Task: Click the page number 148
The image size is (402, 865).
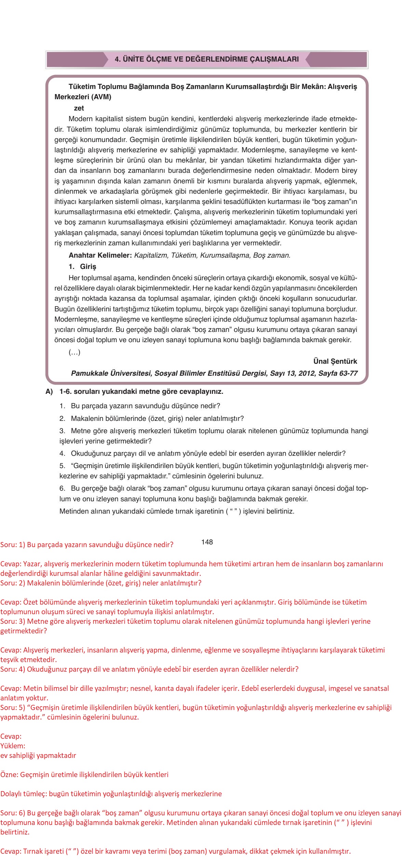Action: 207,542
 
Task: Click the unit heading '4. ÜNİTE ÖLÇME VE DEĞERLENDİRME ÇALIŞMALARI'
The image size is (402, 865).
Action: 207,59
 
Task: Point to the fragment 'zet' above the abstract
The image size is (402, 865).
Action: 79,108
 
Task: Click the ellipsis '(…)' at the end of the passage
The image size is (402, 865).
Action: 75,352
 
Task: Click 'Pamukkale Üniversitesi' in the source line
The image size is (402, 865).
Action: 111,373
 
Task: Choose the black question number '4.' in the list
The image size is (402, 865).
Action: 62,453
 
